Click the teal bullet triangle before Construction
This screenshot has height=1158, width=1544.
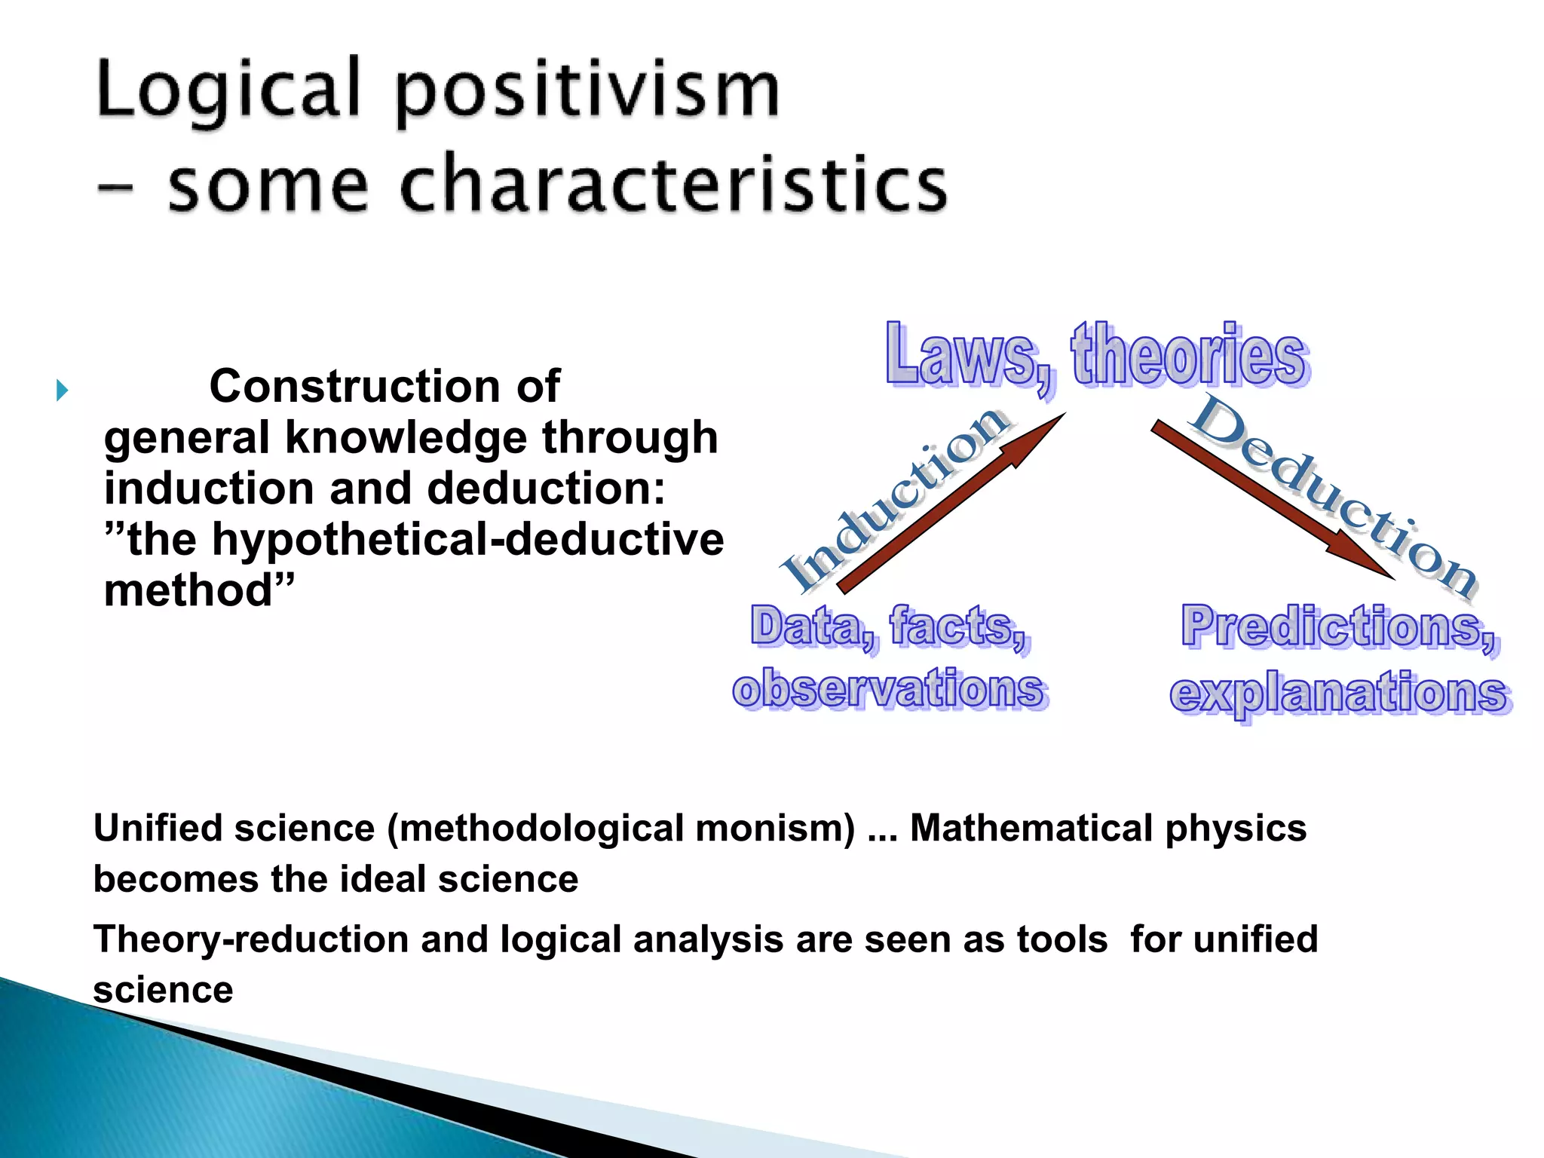coord(62,391)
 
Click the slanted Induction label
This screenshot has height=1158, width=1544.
coord(894,498)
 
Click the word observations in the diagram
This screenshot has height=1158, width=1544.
coord(890,689)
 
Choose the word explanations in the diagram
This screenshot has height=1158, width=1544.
coord(1340,694)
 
